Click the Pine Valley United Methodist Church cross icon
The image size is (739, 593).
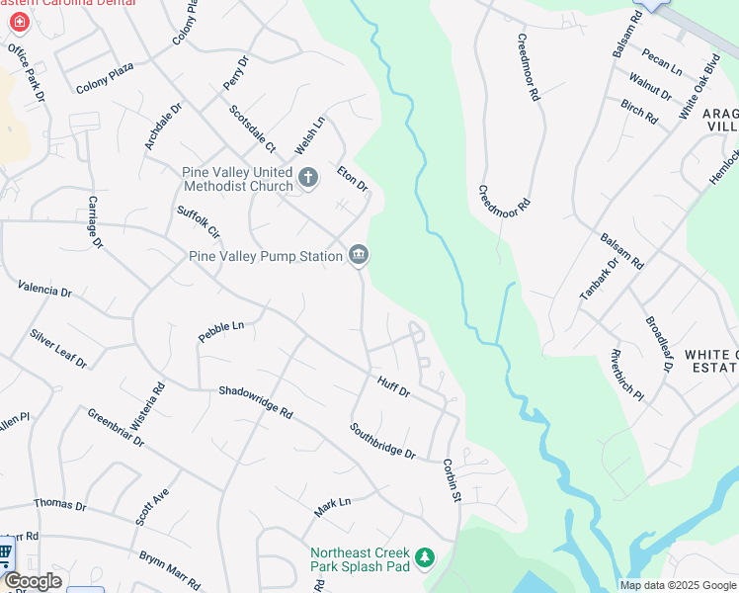[308, 178]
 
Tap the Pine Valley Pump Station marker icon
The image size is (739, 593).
[359, 256]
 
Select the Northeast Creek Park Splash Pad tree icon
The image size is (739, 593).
[425, 559]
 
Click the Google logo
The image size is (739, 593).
[33, 581]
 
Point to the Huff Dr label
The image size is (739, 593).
[393, 385]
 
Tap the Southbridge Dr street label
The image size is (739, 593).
[382, 441]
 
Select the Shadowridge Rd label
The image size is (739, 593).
[256, 400]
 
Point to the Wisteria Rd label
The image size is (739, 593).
[153, 380]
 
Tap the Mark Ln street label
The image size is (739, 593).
[332, 507]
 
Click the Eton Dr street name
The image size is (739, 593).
[352, 179]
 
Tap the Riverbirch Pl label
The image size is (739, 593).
[626, 376]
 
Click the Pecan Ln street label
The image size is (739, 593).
[661, 61]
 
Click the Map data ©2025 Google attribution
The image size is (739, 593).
[678, 585]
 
